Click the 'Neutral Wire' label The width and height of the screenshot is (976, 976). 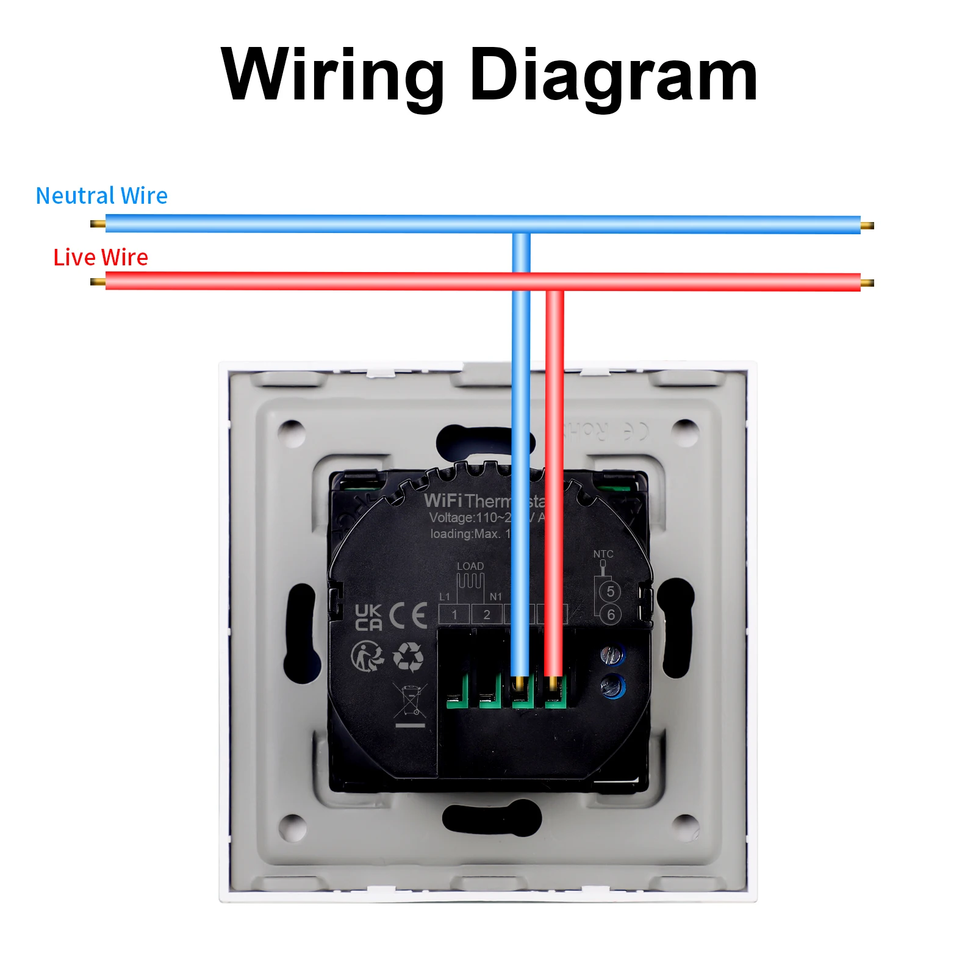101,196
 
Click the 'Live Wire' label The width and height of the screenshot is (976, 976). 101,257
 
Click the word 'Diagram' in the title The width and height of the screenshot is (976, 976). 613,76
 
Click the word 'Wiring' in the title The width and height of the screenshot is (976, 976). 332,76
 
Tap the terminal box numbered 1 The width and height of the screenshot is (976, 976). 454,614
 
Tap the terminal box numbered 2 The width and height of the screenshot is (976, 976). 487,614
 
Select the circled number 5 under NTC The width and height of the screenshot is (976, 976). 610,591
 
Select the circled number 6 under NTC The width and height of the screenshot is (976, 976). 610,614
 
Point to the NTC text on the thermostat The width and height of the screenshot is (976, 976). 603,554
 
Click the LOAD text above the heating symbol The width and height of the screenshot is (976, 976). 470,566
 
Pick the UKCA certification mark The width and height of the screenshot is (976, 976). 368,617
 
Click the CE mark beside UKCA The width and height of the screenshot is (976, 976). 408,615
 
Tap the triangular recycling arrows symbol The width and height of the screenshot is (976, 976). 408,656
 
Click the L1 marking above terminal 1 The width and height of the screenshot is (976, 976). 445,597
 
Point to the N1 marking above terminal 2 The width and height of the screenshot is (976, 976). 496,597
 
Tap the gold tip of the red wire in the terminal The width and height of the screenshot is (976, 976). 553,683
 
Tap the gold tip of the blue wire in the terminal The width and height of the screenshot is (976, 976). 520,683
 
